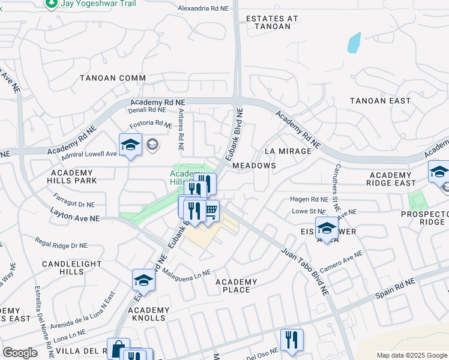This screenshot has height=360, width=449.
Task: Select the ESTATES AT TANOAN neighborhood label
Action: (272, 22)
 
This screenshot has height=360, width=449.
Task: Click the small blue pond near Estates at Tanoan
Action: (354, 42)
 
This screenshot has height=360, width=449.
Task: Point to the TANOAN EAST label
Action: (380, 101)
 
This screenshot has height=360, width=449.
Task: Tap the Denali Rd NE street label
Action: (147, 110)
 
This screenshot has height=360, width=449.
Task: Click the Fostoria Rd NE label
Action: (151, 124)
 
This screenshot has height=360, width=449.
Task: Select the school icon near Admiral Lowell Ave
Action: (130, 145)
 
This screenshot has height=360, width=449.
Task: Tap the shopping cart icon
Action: (210, 211)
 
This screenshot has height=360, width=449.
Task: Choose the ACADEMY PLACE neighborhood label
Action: (236, 286)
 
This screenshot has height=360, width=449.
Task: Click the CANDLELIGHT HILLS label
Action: (63, 268)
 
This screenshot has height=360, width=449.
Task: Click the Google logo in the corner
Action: (20, 353)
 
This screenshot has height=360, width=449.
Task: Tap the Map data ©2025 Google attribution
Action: (411, 355)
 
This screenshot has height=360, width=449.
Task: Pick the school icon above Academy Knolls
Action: (143, 280)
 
